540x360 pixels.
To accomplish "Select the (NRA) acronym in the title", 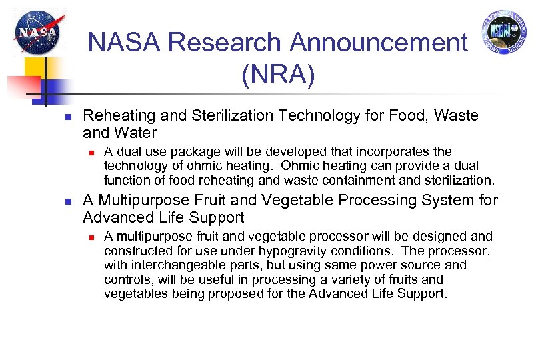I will pyautogui.click(x=278, y=75).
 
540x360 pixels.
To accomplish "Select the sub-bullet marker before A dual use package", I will pyautogui.click(x=92, y=152).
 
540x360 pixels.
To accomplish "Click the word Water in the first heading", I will pyautogui.click(x=135, y=132).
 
